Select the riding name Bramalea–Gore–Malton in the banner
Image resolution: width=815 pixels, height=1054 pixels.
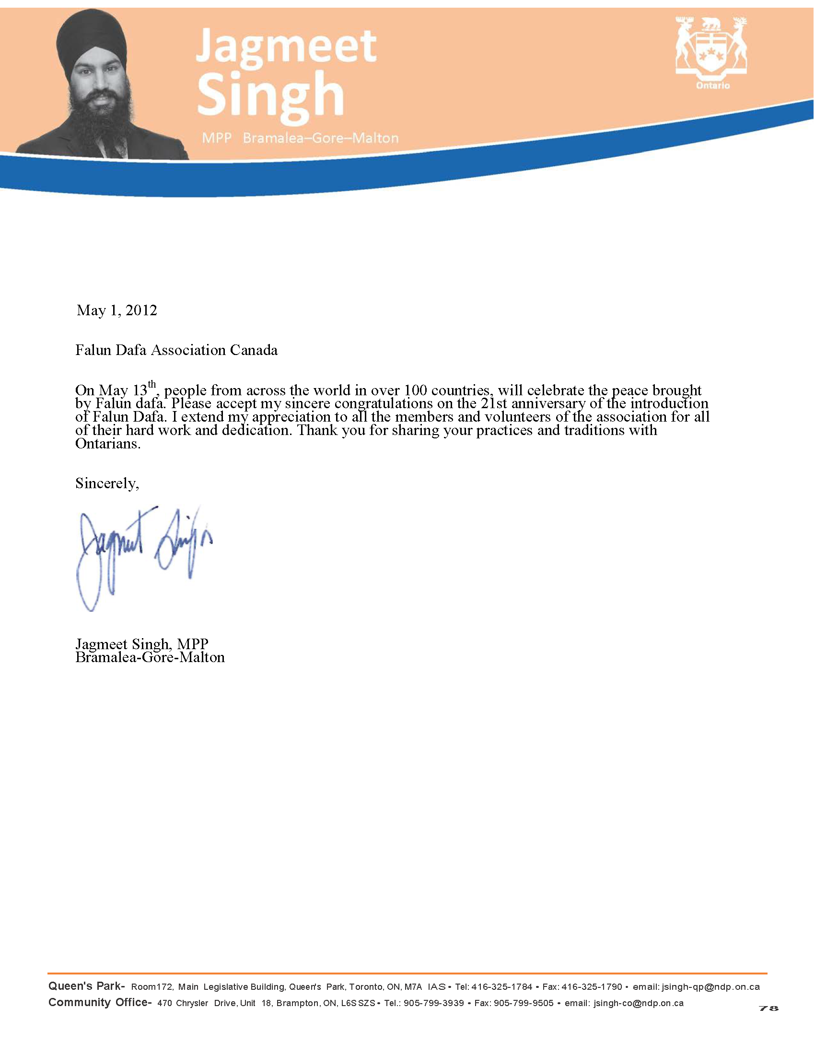tap(321, 138)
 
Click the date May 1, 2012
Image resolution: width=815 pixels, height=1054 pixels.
tap(117, 310)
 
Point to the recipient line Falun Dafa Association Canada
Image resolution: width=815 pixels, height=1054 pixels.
tap(176, 350)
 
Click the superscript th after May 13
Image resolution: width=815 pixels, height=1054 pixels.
tap(152, 385)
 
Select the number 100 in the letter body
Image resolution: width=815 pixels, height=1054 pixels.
tap(415, 390)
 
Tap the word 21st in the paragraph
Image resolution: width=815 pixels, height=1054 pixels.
tap(493, 403)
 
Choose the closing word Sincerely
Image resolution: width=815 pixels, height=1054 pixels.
tap(107, 483)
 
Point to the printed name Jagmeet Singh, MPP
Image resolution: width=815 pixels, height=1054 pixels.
tap(142, 644)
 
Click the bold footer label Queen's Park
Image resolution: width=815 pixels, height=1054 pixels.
tap(86, 986)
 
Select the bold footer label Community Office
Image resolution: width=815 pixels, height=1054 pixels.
tap(99, 1003)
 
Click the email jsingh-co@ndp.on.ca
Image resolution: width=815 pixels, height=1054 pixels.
tap(638, 1003)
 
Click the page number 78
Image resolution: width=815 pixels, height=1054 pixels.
tap(768, 1008)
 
